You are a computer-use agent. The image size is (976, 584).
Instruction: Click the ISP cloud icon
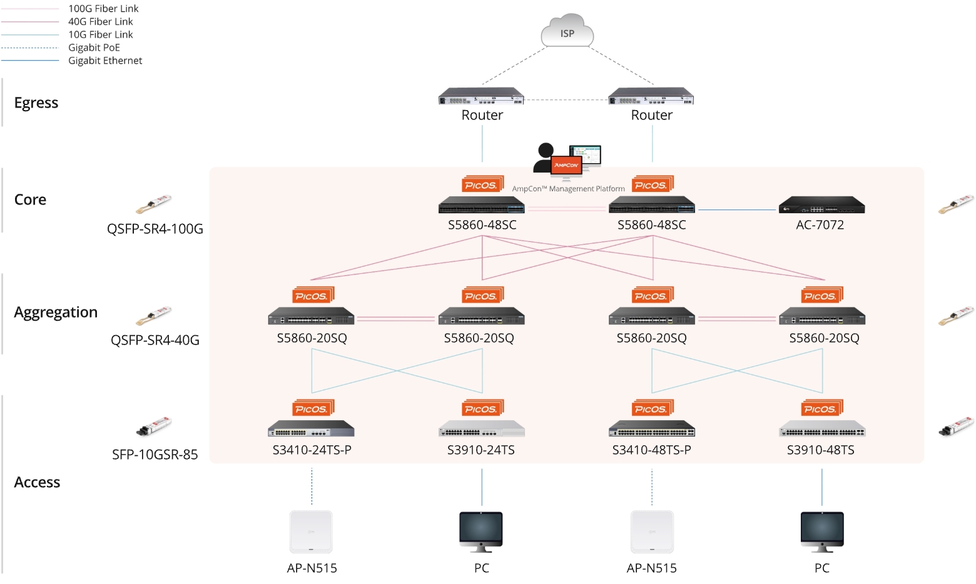click(567, 31)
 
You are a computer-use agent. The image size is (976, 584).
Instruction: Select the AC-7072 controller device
click(821, 205)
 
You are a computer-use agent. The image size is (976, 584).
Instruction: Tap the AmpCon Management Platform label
click(568, 189)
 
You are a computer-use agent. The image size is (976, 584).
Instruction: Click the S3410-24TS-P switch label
click(312, 450)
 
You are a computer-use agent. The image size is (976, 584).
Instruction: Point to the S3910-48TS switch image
click(821, 429)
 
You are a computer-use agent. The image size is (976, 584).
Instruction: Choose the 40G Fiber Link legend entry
click(100, 22)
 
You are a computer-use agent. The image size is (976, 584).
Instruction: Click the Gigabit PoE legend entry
click(94, 48)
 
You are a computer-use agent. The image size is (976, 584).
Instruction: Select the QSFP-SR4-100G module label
click(155, 229)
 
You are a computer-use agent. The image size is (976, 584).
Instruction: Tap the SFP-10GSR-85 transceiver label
click(155, 455)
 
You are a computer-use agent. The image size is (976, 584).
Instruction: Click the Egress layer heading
click(36, 103)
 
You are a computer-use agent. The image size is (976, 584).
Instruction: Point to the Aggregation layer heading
click(56, 312)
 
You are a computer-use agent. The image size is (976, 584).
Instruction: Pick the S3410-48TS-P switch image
click(651, 429)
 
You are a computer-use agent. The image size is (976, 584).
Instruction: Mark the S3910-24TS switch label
click(480, 450)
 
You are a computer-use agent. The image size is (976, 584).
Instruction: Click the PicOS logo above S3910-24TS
click(482, 408)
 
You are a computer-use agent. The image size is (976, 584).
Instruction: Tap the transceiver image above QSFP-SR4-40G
click(153, 316)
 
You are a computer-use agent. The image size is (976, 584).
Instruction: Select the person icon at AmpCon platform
click(544, 158)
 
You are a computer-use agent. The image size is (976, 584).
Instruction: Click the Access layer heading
click(37, 482)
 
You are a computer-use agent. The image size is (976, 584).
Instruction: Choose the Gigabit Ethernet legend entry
click(105, 61)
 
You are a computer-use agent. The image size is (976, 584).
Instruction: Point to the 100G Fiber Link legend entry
click(103, 9)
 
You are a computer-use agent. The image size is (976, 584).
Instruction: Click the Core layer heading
click(30, 199)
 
